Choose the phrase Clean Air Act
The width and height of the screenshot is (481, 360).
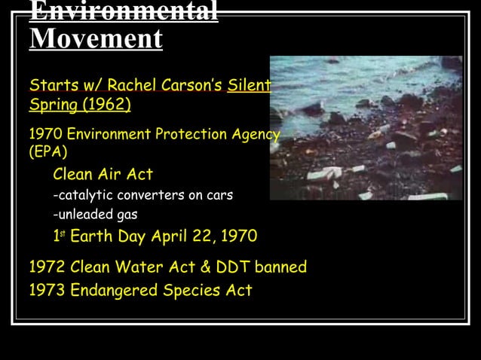click(x=103, y=175)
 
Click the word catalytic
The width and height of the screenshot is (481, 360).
click(x=82, y=195)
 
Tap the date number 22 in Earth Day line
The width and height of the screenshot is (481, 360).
click(x=202, y=236)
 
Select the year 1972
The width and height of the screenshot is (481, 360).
click(x=47, y=267)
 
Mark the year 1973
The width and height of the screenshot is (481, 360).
click(x=47, y=290)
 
